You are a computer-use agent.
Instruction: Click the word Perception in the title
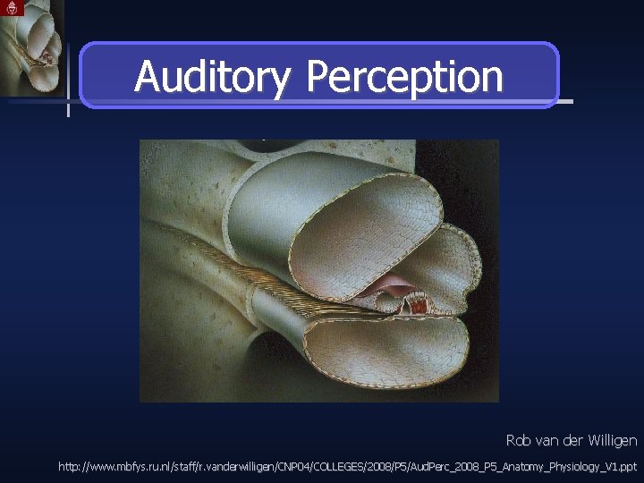404,77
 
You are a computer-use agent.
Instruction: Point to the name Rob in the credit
519,440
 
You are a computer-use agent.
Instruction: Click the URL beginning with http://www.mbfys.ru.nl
347,466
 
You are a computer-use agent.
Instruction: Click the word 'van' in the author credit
548,440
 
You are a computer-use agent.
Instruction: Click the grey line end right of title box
565,101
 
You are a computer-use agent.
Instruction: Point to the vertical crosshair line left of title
68,80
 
